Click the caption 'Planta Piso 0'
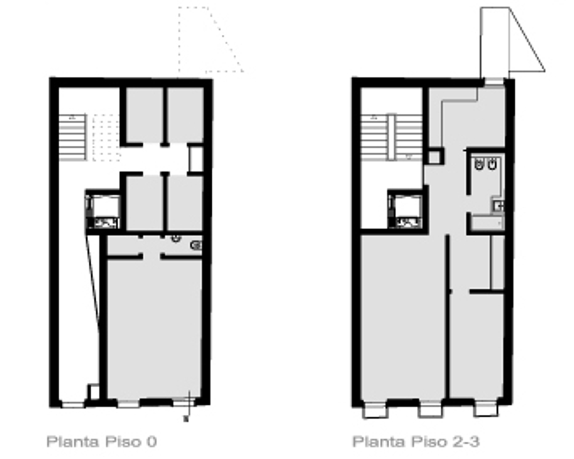pos(102,441)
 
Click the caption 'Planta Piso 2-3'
pos(415,441)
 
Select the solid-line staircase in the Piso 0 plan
pos(73,138)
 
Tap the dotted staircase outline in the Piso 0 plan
pos(106,138)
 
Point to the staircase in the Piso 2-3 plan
pos(392,138)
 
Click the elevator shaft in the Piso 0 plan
pos(103,210)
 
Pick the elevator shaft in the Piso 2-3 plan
pos(406,210)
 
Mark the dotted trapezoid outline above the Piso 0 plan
pos(211,40)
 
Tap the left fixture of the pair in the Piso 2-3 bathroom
pos(479,164)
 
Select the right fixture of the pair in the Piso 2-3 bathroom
pos(492,164)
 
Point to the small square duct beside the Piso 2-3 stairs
pos(435,157)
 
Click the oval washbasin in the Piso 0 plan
pos(196,245)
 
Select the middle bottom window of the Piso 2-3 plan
pos(430,409)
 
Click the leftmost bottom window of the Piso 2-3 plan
pos(375,409)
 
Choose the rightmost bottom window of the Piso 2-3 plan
pos(486,409)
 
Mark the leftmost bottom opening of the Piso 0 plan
pos(73,405)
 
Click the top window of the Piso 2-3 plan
pos(494,81)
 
